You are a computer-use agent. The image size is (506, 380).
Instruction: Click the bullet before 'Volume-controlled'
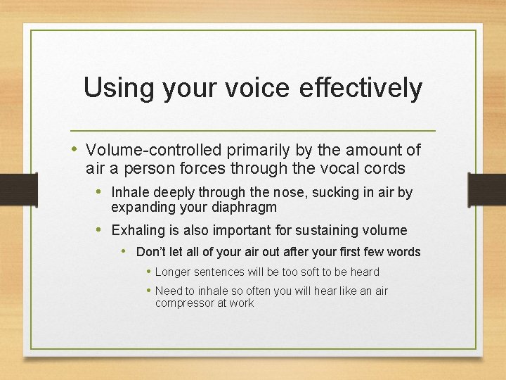tap(74, 150)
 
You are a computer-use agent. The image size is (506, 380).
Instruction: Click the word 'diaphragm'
tap(245, 207)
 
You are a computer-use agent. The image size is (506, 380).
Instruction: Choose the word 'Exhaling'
tap(136, 230)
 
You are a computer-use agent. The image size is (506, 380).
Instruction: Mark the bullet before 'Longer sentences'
tap(148, 272)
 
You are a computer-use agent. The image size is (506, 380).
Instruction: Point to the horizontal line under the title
tap(253, 131)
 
